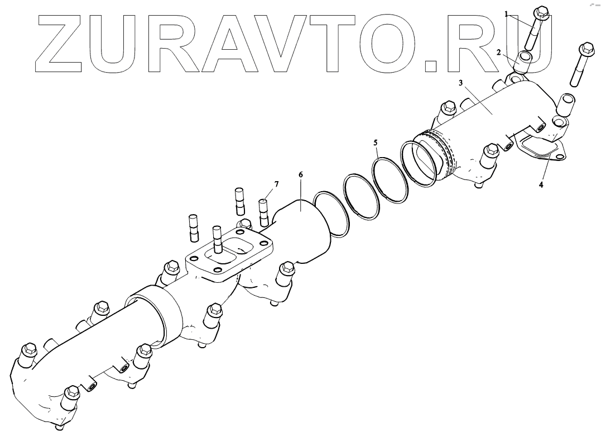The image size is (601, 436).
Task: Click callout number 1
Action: (507, 14)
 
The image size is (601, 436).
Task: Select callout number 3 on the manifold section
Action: (461, 82)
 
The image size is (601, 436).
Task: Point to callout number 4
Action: (541, 184)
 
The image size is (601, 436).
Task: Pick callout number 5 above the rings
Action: (376, 143)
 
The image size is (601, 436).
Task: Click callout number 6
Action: (300, 175)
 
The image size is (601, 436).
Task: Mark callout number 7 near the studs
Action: (276, 184)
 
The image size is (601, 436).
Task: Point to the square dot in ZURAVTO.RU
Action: (431, 66)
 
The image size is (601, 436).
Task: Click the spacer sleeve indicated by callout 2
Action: (524, 61)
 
